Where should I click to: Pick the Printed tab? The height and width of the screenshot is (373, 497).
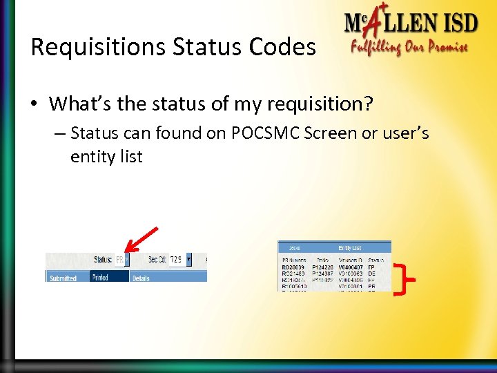[x=100, y=277]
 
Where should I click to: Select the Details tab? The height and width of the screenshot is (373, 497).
[x=141, y=277]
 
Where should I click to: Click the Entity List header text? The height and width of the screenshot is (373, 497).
[x=349, y=247]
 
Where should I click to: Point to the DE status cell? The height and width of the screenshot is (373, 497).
[x=372, y=274]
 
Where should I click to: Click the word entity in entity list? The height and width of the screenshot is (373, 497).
[x=92, y=157]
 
